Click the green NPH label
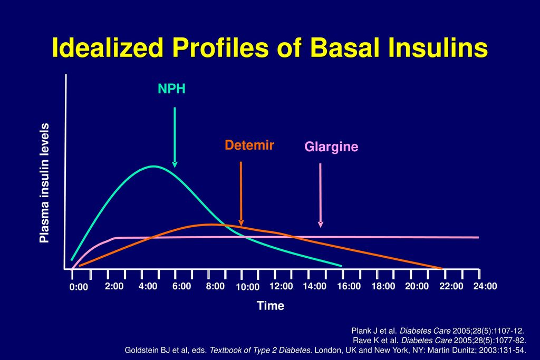pyautogui.click(x=172, y=89)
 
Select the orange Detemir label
pyautogui.click(x=249, y=145)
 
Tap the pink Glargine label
pyautogui.click(x=331, y=148)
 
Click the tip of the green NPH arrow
pyautogui.click(x=175, y=166)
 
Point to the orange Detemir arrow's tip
pyautogui.click(x=241, y=224)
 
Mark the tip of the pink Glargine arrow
pyautogui.click(x=320, y=226)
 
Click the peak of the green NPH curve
pyautogui.click(x=153, y=167)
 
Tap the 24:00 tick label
pyautogui.click(x=485, y=286)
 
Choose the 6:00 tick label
pyautogui.click(x=181, y=286)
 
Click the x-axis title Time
pyautogui.click(x=271, y=306)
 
